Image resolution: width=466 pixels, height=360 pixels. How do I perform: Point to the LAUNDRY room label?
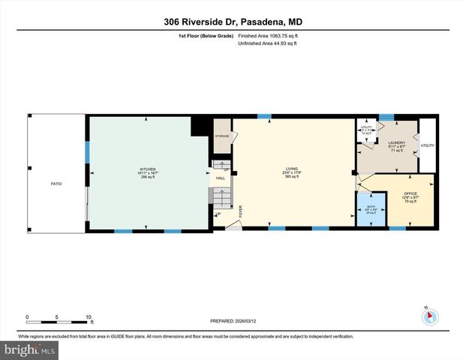click(x=396, y=143)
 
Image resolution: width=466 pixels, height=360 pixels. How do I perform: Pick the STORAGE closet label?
click(x=221, y=136)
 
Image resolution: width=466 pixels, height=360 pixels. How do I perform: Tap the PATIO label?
click(x=56, y=182)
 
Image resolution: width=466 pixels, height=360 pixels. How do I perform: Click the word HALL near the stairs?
click(x=221, y=178)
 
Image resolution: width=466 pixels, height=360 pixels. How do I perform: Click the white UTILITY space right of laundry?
click(x=427, y=145)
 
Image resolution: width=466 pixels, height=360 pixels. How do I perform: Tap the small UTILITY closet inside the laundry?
click(x=367, y=130)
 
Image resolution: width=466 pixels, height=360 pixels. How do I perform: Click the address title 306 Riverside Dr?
click(x=233, y=22)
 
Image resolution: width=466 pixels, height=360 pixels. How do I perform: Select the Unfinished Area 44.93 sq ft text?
click(x=268, y=43)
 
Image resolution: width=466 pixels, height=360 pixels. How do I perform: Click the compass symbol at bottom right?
click(x=430, y=316)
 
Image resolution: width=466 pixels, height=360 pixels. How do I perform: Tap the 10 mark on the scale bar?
click(x=89, y=317)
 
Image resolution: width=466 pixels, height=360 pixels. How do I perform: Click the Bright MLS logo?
click(x=30, y=349)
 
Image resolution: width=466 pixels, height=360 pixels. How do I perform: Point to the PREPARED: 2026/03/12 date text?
click(x=233, y=321)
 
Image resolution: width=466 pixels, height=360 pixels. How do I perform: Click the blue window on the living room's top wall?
click(x=264, y=115)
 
